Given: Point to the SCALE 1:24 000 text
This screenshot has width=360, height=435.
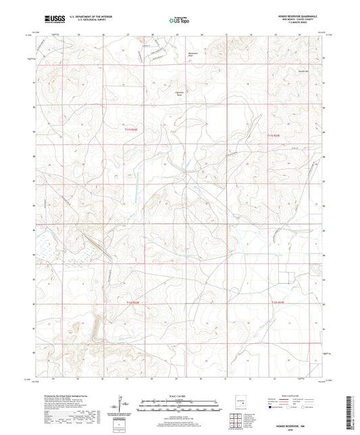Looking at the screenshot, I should (179, 396).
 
